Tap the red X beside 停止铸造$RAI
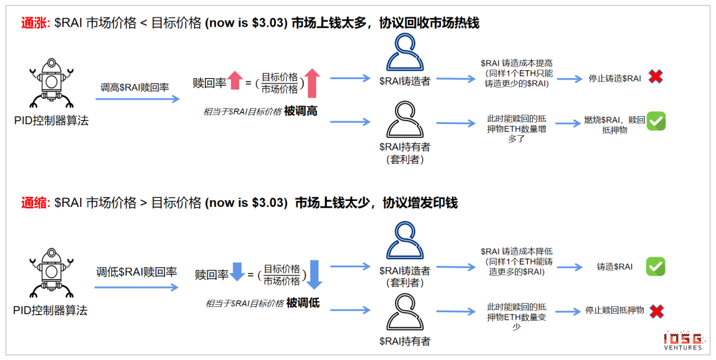pyautogui.click(x=656, y=77)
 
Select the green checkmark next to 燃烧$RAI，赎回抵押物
pyautogui.click(x=656, y=121)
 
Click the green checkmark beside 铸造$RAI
pyautogui.click(x=655, y=267)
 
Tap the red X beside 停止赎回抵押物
pyautogui.click(x=656, y=311)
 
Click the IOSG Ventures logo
pyautogui.click(x=683, y=340)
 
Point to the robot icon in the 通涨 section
pyautogui.click(x=50, y=83)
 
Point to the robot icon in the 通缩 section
pyautogui.click(x=50, y=273)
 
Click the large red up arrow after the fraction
pyautogui.click(x=312, y=83)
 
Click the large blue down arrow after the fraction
pyautogui.click(x=314, y=274)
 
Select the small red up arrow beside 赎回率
pyautogui.click(x=235, y=80)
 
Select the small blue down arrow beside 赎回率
pyautogui.click(x=237, y=271)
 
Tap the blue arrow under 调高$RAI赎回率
pyautogui.click(x=138, y=99)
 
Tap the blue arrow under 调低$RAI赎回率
pyautogui.click(x=136, y=287)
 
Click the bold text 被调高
pyautogui.click(x=300, y=111)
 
